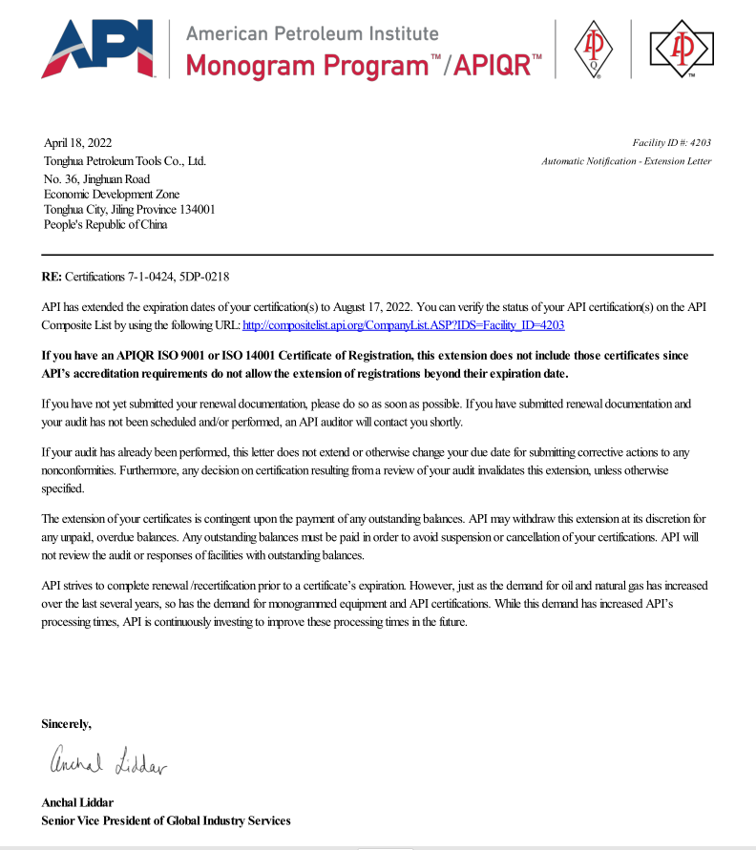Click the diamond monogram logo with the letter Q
[593, 51]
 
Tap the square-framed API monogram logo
[682, 49]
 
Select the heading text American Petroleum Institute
[312, 33]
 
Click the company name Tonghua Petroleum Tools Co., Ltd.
[125, 161]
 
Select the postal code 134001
[195, 209]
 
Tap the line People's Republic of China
[105, 225]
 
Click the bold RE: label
[52, 277]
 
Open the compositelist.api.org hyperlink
[404, 324]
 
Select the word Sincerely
[67, 724]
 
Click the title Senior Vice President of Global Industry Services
[166, 820]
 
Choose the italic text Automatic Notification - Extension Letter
[626, 161]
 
